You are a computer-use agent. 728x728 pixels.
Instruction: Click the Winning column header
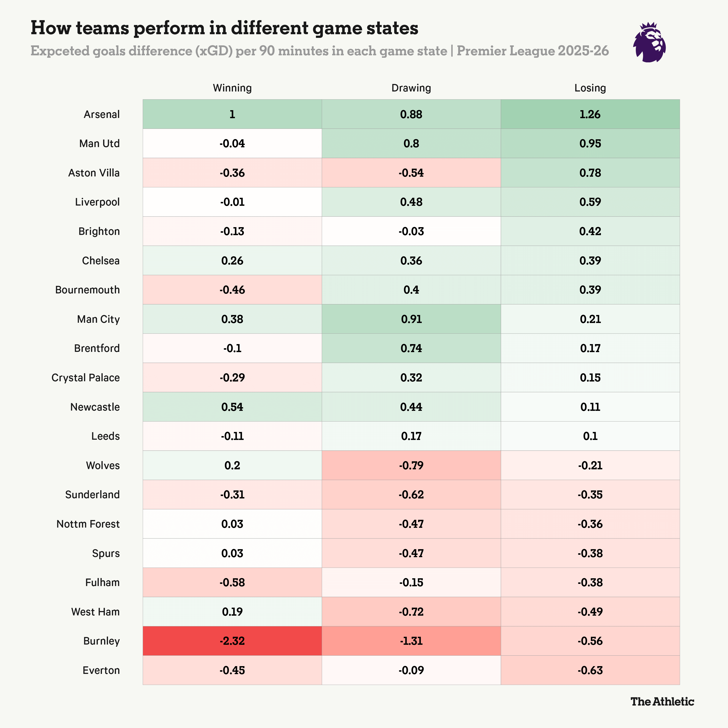[232, 88]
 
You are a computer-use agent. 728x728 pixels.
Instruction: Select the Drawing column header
[411, 88]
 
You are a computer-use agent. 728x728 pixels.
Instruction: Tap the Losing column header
[590, 88]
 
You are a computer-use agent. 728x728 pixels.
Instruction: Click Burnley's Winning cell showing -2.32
[232, 641]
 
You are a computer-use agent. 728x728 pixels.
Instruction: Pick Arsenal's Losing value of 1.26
[590, 114]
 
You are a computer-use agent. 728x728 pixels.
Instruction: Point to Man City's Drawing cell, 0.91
[411, 319]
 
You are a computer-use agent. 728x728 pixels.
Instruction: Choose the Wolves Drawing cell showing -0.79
[411, 465]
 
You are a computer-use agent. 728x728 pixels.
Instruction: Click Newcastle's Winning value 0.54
[232, 407]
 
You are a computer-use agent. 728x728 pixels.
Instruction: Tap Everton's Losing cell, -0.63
[590, 670]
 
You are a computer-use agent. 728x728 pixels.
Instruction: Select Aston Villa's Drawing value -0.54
[411, 173]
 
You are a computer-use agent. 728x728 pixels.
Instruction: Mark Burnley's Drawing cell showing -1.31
[411, 641]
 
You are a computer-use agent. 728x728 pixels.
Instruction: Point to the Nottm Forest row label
[88, 524]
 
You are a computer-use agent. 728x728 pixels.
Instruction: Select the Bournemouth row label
[87, 290]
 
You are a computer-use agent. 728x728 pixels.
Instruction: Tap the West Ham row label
[95, 612]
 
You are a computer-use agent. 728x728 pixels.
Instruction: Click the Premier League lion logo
[649, 42]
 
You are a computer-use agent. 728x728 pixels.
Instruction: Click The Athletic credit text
[662, 702]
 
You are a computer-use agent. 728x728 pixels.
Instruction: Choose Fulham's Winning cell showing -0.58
[232, 583]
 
